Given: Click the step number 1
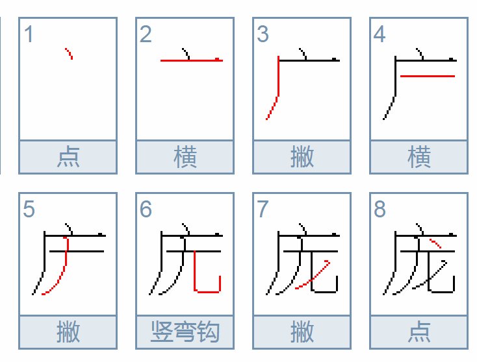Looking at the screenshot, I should coord(28,34).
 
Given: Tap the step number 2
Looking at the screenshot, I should coord(146,34).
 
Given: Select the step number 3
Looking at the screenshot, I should coord(263,34).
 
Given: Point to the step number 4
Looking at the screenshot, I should coord(380,34).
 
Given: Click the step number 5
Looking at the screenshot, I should coord(29,210).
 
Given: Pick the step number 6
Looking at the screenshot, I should coord(146,210).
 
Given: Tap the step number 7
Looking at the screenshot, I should coord(263,210).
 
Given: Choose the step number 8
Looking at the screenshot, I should coord(380,210).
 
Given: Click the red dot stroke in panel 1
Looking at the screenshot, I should coord(69,53).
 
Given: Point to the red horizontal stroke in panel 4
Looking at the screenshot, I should coord(426,76).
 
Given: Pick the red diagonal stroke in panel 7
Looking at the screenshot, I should coord(312,276).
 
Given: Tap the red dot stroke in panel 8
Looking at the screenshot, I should coord(436,244).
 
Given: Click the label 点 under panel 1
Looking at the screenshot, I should coord(68,157).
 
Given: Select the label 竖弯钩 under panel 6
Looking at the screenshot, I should coord(185,332).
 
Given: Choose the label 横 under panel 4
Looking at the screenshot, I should coord(419,157).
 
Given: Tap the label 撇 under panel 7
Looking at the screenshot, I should coord(302,332).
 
